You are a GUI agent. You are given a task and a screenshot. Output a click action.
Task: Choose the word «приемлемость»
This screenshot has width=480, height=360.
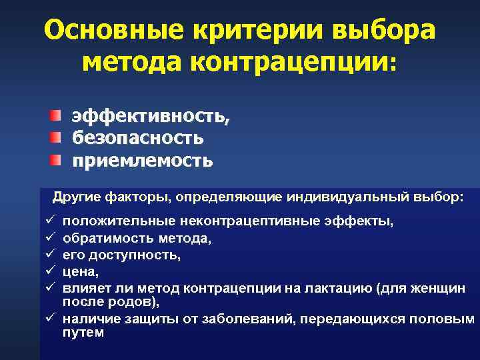(143, 160)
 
